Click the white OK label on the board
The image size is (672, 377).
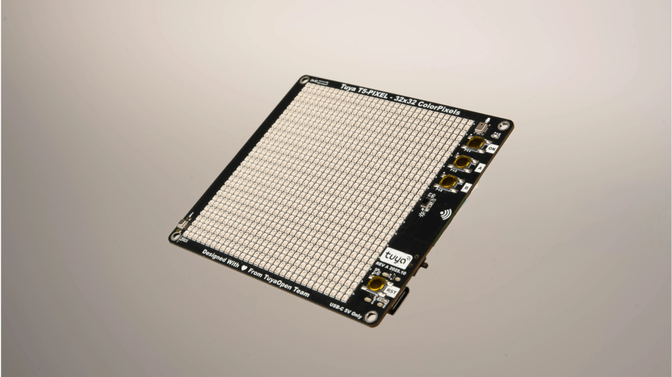(492, 149)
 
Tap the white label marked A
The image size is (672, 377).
(479, 168)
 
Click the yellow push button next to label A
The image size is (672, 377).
(462, 162)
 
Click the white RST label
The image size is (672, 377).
(391, 290)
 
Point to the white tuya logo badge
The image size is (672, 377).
(396, 256)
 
